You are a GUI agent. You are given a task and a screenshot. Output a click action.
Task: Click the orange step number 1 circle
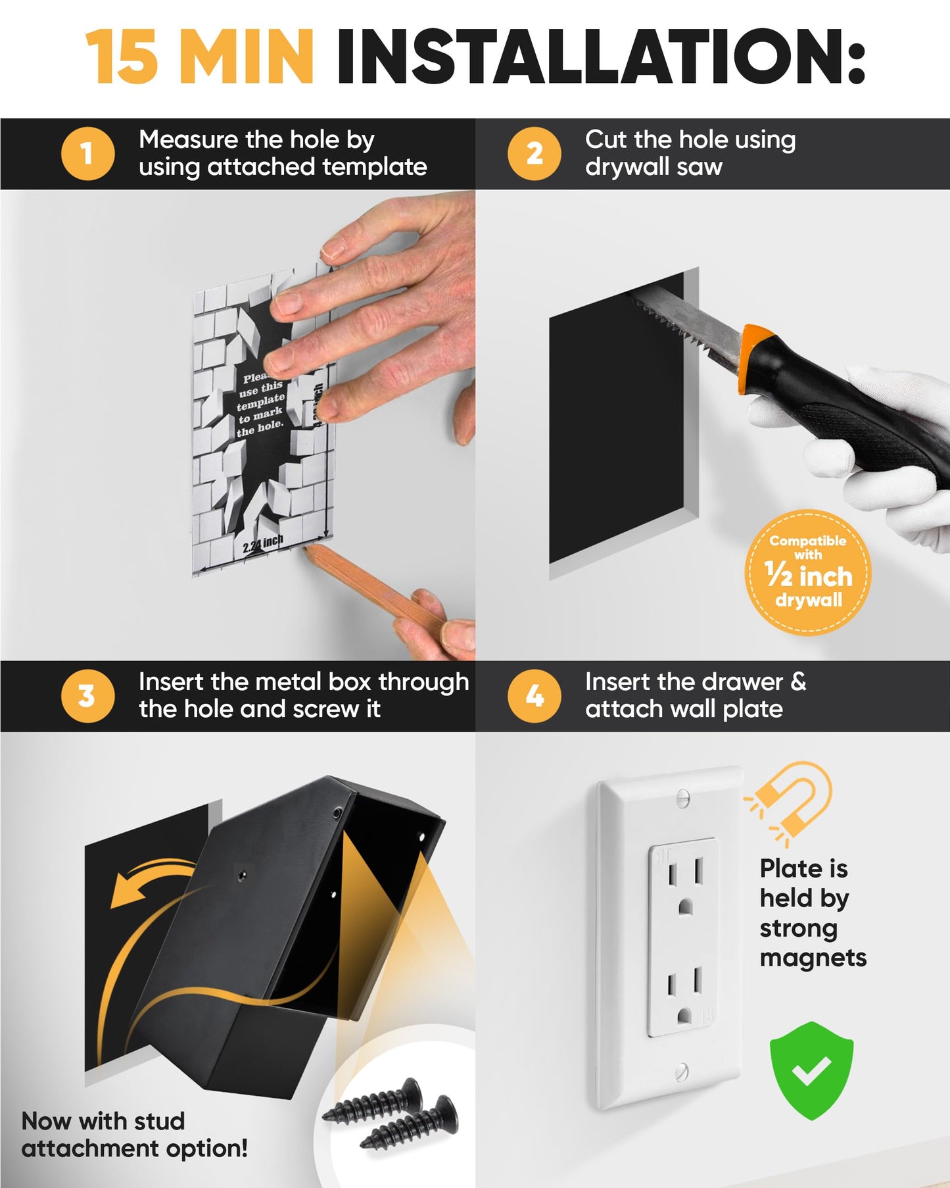tap(87, 154)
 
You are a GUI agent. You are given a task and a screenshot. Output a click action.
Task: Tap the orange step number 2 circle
tap(534, 154)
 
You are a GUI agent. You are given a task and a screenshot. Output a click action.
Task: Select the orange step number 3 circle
tap(87, 696)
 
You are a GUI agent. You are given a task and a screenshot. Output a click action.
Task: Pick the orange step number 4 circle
tap(534, 696)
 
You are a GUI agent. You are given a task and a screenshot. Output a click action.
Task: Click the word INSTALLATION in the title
tap(600, 58)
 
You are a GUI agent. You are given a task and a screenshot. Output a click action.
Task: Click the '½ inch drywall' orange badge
tap(808, 572)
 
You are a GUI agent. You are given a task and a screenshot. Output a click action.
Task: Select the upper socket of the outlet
tap(684, 885)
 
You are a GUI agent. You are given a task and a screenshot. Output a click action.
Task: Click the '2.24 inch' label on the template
tap(262, 543)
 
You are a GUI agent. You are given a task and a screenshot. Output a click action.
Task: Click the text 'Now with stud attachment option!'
tap(134, 1134)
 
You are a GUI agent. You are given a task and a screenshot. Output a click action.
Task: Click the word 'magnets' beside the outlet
tap(813, 958)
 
